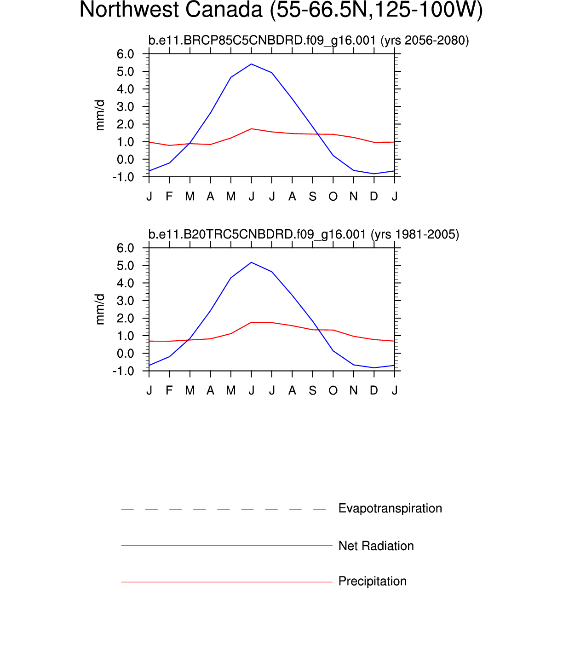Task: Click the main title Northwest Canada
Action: point(281,10)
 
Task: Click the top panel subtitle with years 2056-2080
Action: point(308,41)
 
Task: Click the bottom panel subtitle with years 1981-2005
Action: point(304,235)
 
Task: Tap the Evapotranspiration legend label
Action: point(390,508)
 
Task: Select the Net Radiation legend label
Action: point(376,546)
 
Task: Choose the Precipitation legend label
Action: point(372,582)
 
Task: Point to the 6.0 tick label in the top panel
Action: point(125,54)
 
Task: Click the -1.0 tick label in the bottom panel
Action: point(123,371)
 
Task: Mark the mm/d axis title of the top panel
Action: point(100,115)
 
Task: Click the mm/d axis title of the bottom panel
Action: point(100,309)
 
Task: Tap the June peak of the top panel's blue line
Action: point(251,64)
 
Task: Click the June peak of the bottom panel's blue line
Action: point(251,262)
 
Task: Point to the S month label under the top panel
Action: point(313,197)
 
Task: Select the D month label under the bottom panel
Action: point(374,391)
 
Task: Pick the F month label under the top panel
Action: point(169,197)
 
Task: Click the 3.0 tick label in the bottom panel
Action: point(125,301)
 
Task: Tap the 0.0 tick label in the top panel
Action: point(125,160)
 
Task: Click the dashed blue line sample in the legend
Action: point(224,509)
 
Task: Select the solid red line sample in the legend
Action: point(226,582)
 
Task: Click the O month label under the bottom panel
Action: point(333,391)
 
